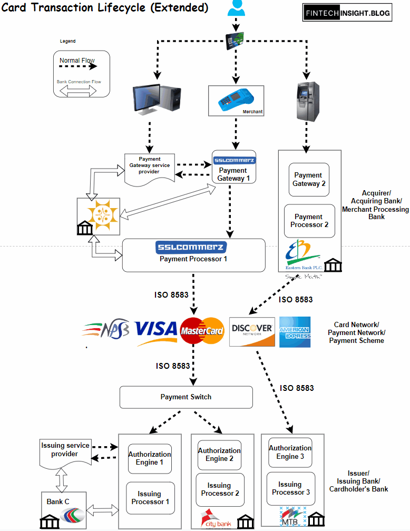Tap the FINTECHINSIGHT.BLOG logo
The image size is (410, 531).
coord(347,13)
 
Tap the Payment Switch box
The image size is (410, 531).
coord(186,397)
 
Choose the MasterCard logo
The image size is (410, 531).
coord(202,331)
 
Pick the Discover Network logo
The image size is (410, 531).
coord(252,331)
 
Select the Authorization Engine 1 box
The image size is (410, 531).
coord(150,458)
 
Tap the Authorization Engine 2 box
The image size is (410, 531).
coord(219,455)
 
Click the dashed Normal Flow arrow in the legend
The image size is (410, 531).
coord(77,67)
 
